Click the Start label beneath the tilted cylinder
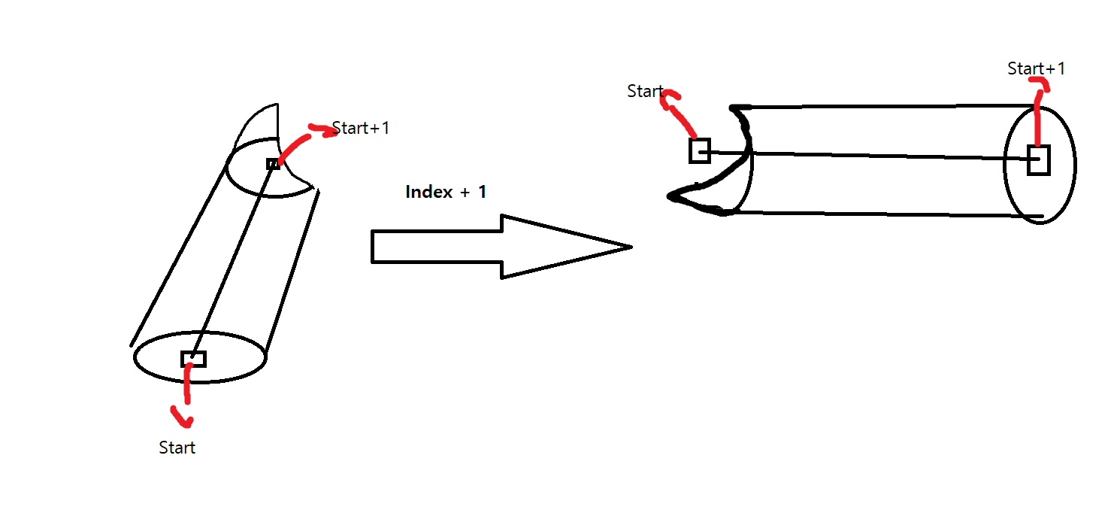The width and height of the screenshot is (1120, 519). pyautogui.click(x=177, y=448)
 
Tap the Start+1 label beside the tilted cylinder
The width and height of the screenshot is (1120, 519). pyautogui.click(x=361, y=128)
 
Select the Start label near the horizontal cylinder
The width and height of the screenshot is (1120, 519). pyautogui.click(x=645, y=91)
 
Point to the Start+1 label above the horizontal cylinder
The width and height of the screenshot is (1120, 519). pyautogui.click(x=1036, y=68)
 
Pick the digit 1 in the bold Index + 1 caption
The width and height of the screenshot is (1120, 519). pyautogui.click(x=482, y=192)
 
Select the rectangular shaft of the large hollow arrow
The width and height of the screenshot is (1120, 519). pyautogui.click(x=436, y=247)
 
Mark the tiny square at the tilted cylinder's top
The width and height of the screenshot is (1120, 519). pyautogui.click(x=273, y=164)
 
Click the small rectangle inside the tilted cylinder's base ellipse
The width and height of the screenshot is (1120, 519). pyautogui.click(x=193, y=359)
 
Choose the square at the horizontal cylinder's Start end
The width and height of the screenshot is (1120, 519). pyautogui.click(x=699, y=150)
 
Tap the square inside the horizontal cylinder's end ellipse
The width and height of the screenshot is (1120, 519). pyautogui.click(x=1038, y=160)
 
